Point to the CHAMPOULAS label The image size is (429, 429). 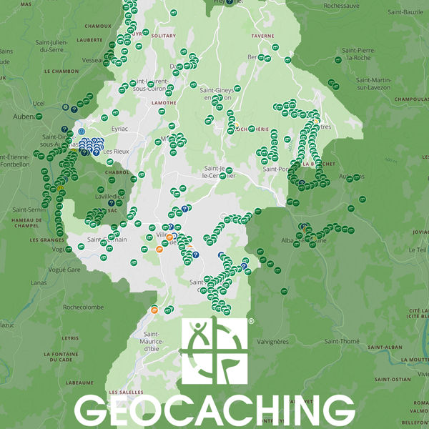click(408, 99)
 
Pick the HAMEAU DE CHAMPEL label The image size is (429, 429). click(27, 223)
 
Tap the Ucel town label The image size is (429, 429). click(39, 103)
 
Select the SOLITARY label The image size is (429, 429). click(163, 35)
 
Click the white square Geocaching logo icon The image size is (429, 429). click(214, 350)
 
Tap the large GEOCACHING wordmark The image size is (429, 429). click(214, 410)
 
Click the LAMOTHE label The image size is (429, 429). click(164, 103)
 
